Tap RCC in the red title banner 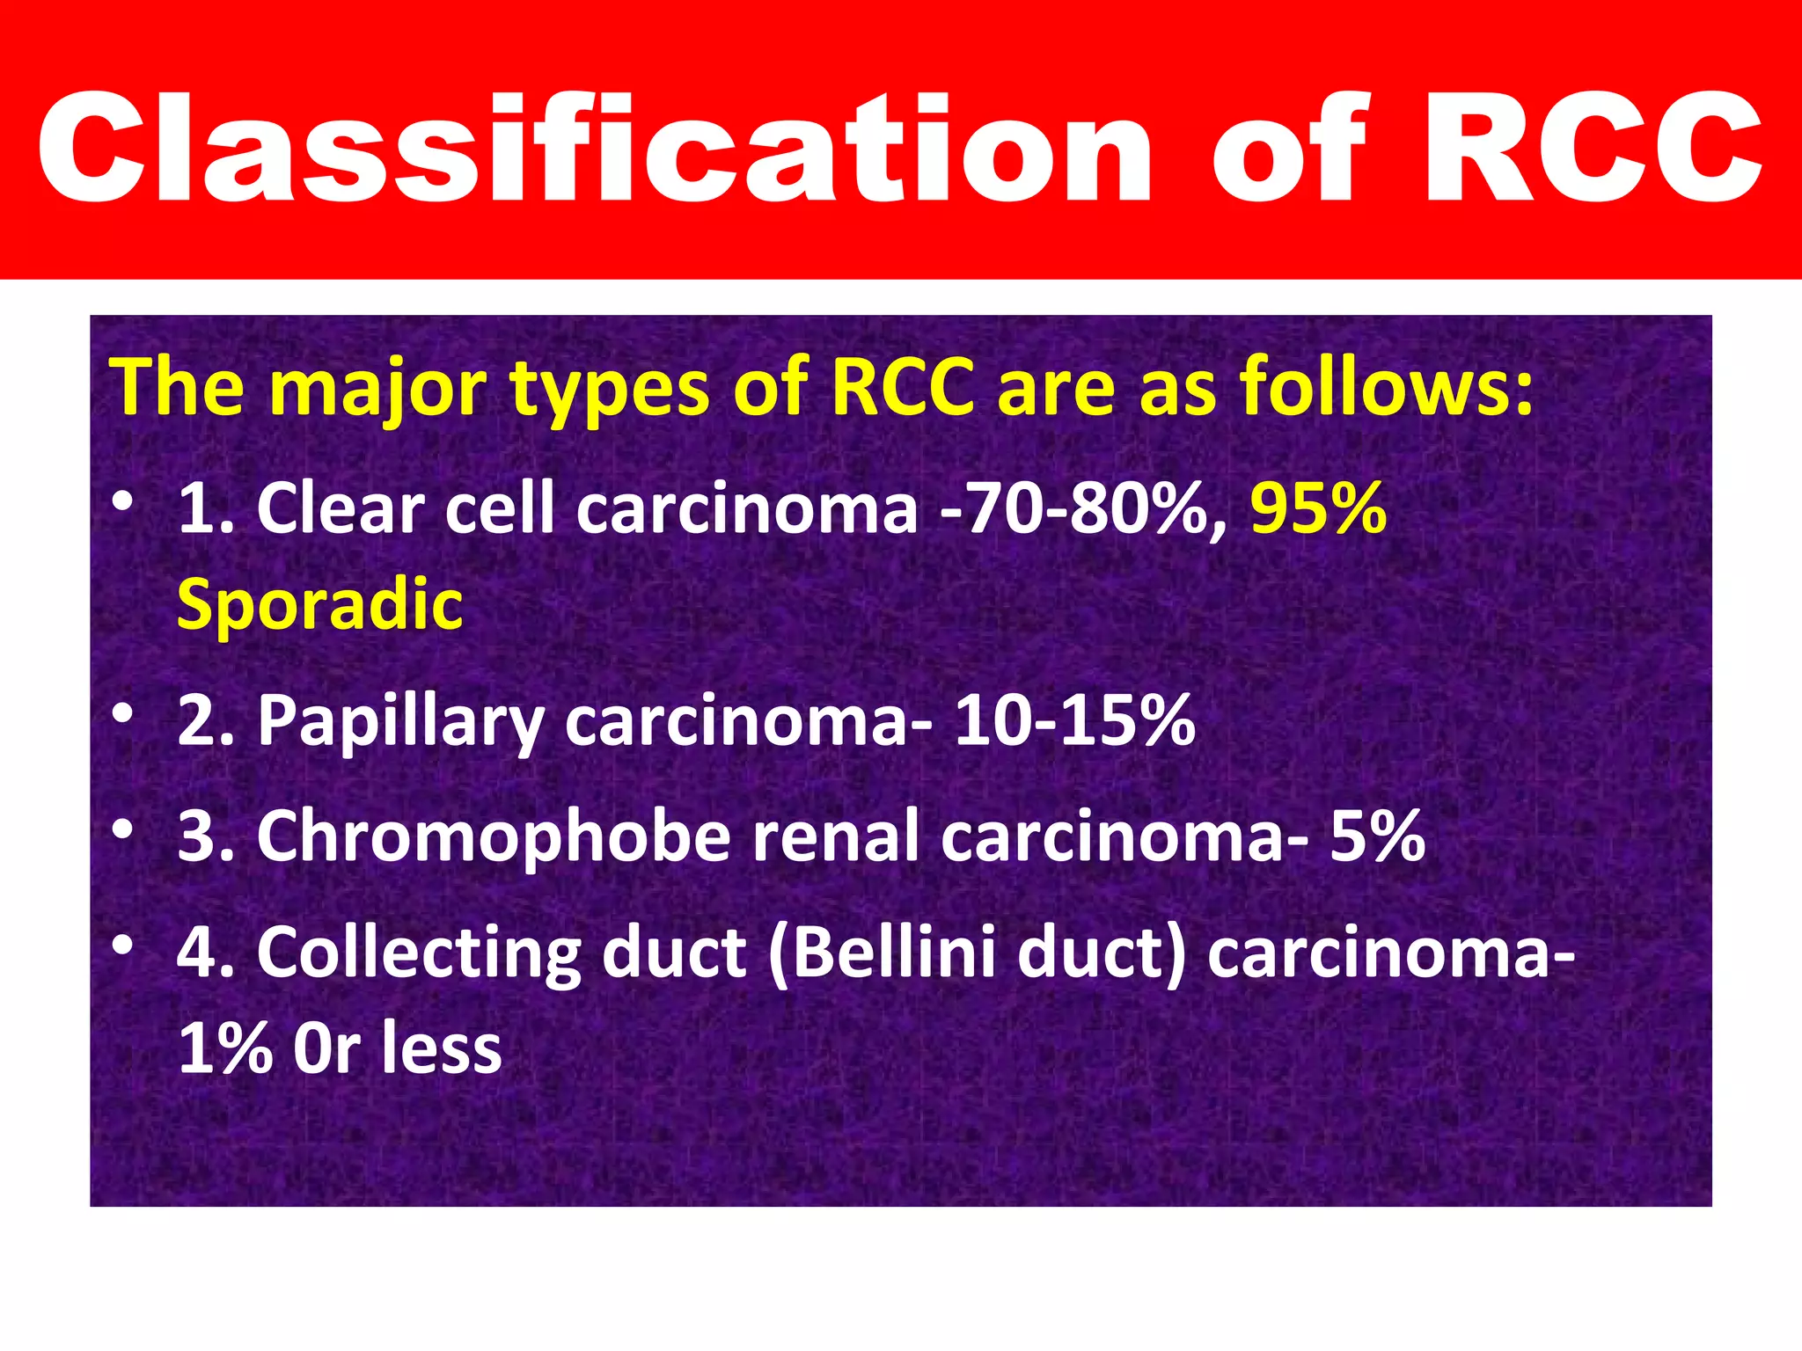point(1593,148)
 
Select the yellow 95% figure point(1318,509)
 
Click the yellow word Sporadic point(319,605)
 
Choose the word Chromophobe point(493,836)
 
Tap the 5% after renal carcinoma point(1377,836)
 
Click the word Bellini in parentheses point(889,953)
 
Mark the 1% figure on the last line point(224,1048)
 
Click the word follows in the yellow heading point(1386,387)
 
